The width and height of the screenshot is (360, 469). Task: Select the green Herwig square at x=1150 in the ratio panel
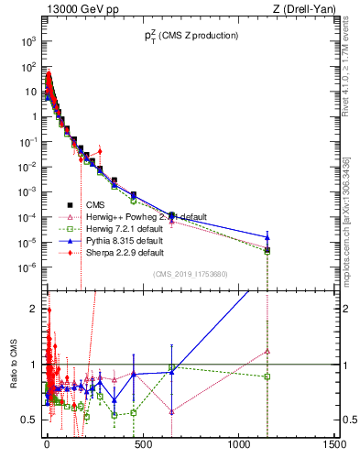tap(267, 376)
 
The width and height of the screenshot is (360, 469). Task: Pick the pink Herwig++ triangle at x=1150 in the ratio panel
tap(267, 351)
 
